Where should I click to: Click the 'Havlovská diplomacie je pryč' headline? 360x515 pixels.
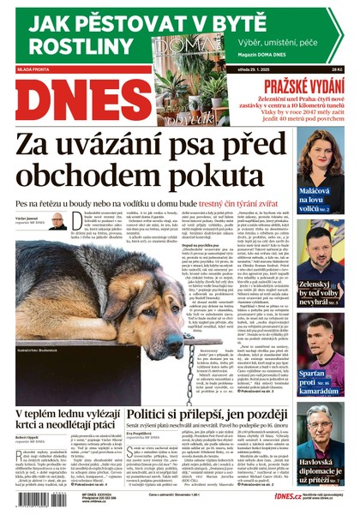tap(325, 472)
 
